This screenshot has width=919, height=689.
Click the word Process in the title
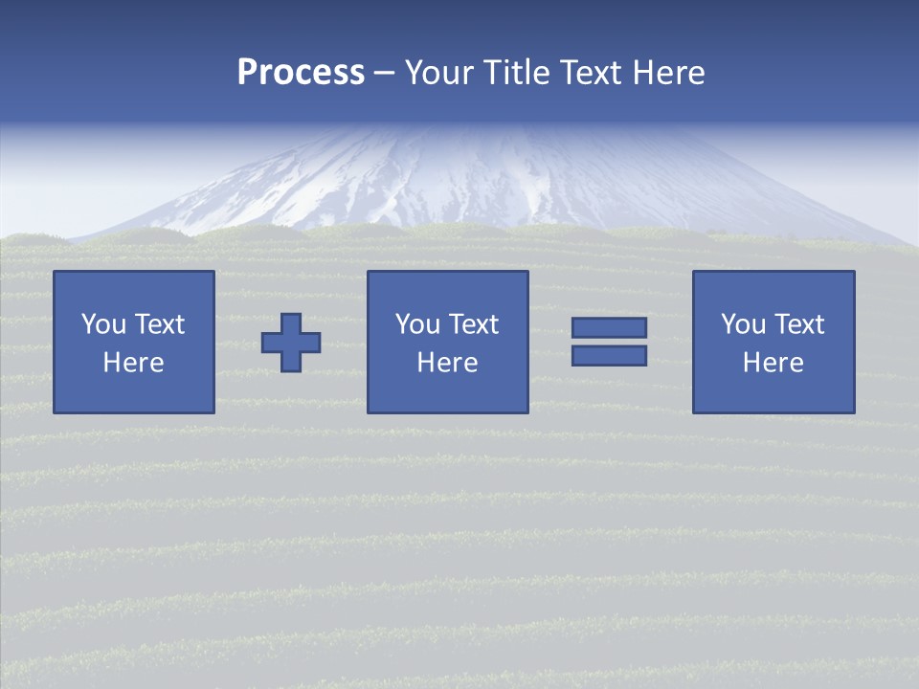pyautogui.click(x=301, y=73)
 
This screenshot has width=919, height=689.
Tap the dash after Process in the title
pyautogui.click(x=385, y=74)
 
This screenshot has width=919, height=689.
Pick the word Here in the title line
pyautogui.click(x=669, y=73)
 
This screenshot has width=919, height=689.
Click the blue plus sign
pyautogui.click(x=291, y=342)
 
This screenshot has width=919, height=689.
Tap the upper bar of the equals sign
pyautogui.click(x=609, y=327)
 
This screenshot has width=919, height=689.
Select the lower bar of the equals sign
pyautogui.click(x=609, y=356)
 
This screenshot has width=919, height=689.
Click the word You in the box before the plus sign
pyautogui.click(x=103, y=324)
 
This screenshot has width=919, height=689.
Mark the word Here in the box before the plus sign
pyautogui.click(x=133, y=363)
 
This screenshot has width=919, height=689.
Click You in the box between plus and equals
pyautogui.click(x=417, y=324)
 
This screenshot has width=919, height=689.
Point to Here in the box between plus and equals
pyautogui.click(x=447, y=363)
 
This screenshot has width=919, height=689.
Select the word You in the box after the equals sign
pyautogui.click(x=743, y=324)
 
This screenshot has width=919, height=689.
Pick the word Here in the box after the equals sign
pyautogui.click(x=773, y=363)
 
